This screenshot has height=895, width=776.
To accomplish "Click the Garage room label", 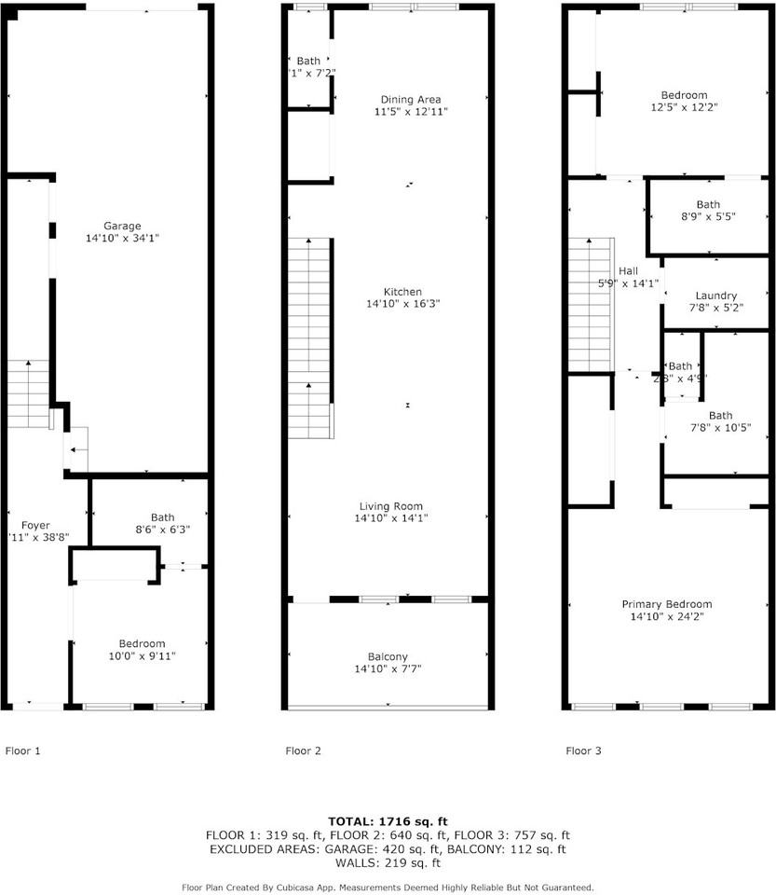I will (x=122, y=226).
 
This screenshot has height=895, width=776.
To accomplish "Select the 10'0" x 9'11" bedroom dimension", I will (x=142, y=656).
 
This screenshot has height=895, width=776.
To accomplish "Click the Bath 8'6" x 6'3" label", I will (x=162, y=517).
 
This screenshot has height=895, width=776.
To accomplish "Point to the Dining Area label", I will (x=410, y=99).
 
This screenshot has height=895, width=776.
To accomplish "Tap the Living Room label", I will (x=391, y=505).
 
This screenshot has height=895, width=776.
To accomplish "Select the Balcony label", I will (x=388, y=656).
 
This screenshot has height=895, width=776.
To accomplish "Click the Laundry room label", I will (x=715, y=296).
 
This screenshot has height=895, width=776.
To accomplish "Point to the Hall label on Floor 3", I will (x=628, y=270).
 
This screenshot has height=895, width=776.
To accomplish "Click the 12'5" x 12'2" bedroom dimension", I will (x=684, y=107).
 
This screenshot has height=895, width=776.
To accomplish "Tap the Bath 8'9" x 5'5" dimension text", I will (x=708, y=216).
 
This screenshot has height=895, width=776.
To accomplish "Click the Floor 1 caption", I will (x=23, y=750).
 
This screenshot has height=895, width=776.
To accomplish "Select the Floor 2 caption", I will (x=303, y=750).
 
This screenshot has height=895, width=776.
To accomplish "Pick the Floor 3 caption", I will (x=583, y=750).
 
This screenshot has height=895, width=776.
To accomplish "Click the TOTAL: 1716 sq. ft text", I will (x=388, y=820).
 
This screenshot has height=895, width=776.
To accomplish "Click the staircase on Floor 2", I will (x=309, y=336).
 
